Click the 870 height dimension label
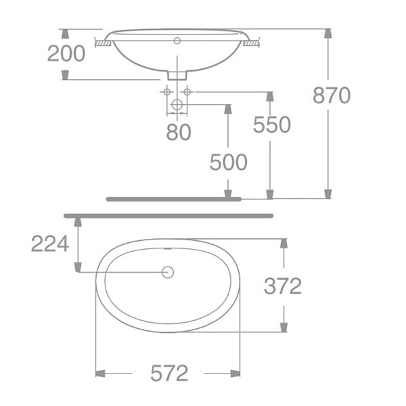coord(332,95)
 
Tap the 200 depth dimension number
coord(66,53)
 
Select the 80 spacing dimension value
coord(179,131)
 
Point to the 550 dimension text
coord(271,125)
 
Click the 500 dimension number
coord(228,162)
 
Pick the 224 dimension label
coord(50,243)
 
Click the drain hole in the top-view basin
coord(168,272)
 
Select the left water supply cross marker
coord(167,91)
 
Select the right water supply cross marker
coord(187,91)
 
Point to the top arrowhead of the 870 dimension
coord(328,34)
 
